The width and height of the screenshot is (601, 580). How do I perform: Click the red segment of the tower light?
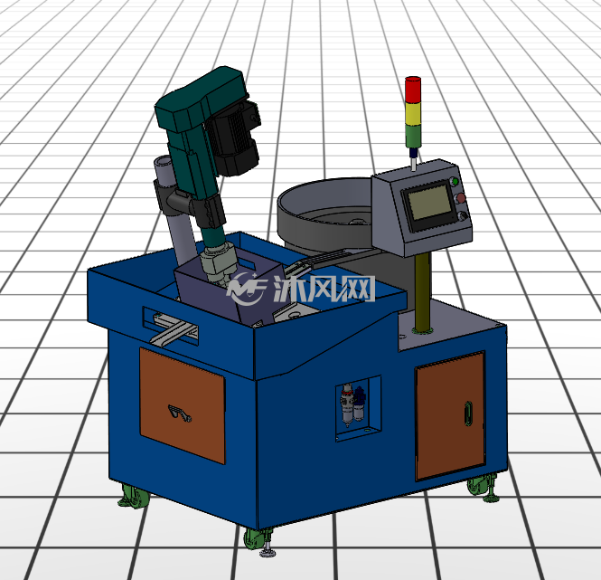(413, 90)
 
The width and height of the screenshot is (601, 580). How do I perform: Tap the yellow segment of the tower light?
(413, 114)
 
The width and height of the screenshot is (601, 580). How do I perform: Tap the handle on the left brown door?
(179, 413)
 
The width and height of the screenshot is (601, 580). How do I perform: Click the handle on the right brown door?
(468, 413)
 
